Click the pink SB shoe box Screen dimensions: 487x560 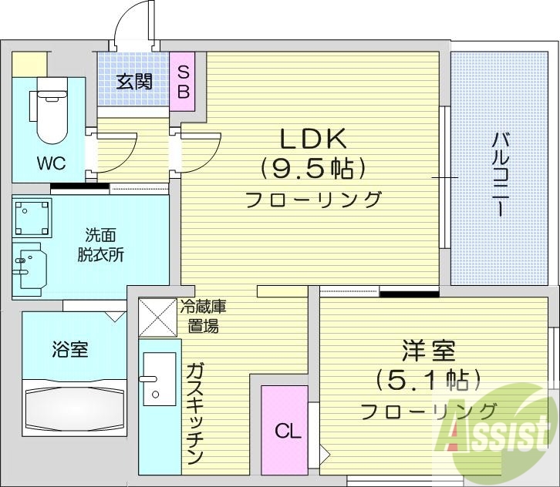click(x=183, y=80)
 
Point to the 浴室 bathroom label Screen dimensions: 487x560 click(x=69, y=350)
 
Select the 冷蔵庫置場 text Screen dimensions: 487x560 click(x=202, y=316)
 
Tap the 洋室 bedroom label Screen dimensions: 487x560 click(x=428, y=351)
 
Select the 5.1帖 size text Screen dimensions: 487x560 click(x=428, y=379)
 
